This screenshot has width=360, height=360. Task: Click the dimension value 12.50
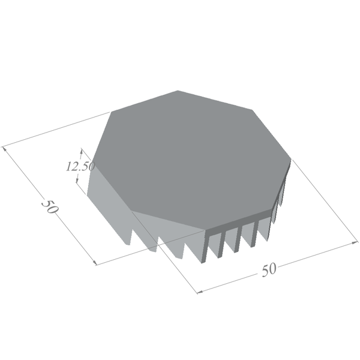point(80,166)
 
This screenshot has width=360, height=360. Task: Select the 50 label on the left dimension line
point(50,206)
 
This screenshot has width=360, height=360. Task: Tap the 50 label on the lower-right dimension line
point(269,270)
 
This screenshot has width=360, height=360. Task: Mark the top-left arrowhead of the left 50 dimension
point(4,149)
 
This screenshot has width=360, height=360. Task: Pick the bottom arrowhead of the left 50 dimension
point(94,262)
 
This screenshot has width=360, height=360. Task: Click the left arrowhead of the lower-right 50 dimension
point(200,292)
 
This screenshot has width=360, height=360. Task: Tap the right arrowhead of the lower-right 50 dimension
point(355,242)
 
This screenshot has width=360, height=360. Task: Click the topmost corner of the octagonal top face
point(178,91)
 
